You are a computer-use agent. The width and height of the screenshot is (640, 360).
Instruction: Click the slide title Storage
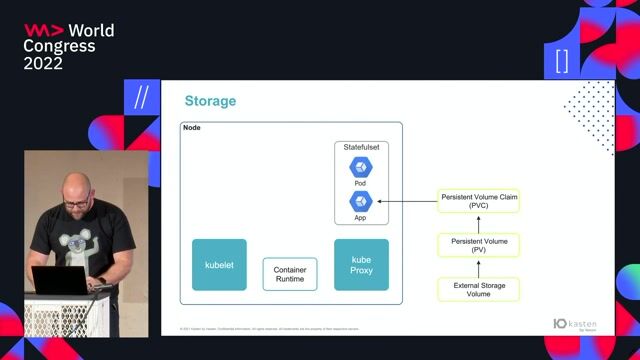(210, 101)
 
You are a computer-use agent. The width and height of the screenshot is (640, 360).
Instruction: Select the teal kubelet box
(219, 265)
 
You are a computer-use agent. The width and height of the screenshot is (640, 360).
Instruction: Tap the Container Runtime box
(290, 273)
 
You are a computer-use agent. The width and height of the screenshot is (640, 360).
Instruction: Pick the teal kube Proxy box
(360, 265)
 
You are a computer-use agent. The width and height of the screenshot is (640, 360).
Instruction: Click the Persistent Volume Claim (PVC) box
(479, 201)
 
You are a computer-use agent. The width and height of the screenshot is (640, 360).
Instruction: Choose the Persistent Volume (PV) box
(479, 245)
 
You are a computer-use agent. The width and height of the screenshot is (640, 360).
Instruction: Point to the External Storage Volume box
(479, 290)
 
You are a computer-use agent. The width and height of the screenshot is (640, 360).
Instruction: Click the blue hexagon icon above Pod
(360, 167)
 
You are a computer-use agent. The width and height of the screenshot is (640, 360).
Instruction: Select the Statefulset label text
(360, 147)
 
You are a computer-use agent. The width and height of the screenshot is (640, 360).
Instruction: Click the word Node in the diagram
(192, 128)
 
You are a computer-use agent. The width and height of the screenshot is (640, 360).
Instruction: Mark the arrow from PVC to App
(405, 201)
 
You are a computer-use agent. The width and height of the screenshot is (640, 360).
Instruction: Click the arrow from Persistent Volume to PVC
(479, 223)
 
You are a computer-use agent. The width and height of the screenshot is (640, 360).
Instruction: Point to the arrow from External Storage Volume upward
(479, 268)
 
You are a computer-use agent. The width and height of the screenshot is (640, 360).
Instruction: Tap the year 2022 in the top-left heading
(43, 63)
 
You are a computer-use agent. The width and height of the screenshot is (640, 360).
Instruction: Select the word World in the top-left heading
(91, 31)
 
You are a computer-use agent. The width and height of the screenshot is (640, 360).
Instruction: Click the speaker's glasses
(76, 203)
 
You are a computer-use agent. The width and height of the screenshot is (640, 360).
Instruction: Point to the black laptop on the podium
(60, 280)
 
